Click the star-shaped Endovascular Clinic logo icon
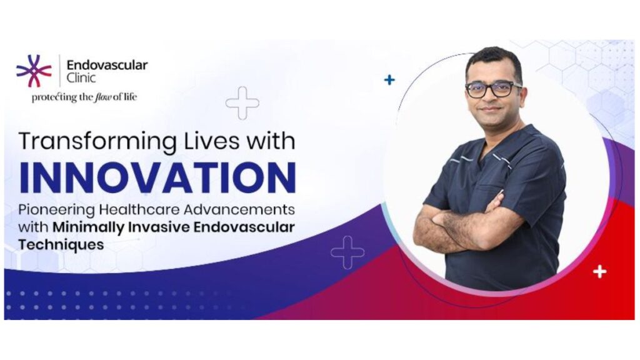click(x=34, y=71)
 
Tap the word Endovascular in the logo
click(x=107, y=65)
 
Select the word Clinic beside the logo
click(x=81, y=77)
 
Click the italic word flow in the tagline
click(x=102, y=97)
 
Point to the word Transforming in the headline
click(x=97, y=142)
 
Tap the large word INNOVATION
click(x=157, y=177)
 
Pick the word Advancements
click(x=239, y=209)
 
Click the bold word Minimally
click(x=88, y=227)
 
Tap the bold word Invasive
click(x=159, y=226)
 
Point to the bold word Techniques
click(x=61, y=245)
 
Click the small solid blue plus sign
click(x=389, y=79)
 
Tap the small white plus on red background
click(x=599, y=271)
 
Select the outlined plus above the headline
click(x=242, y=103)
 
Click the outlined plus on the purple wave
click(x=347, y=252)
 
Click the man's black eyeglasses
click(x=494, y=89)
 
